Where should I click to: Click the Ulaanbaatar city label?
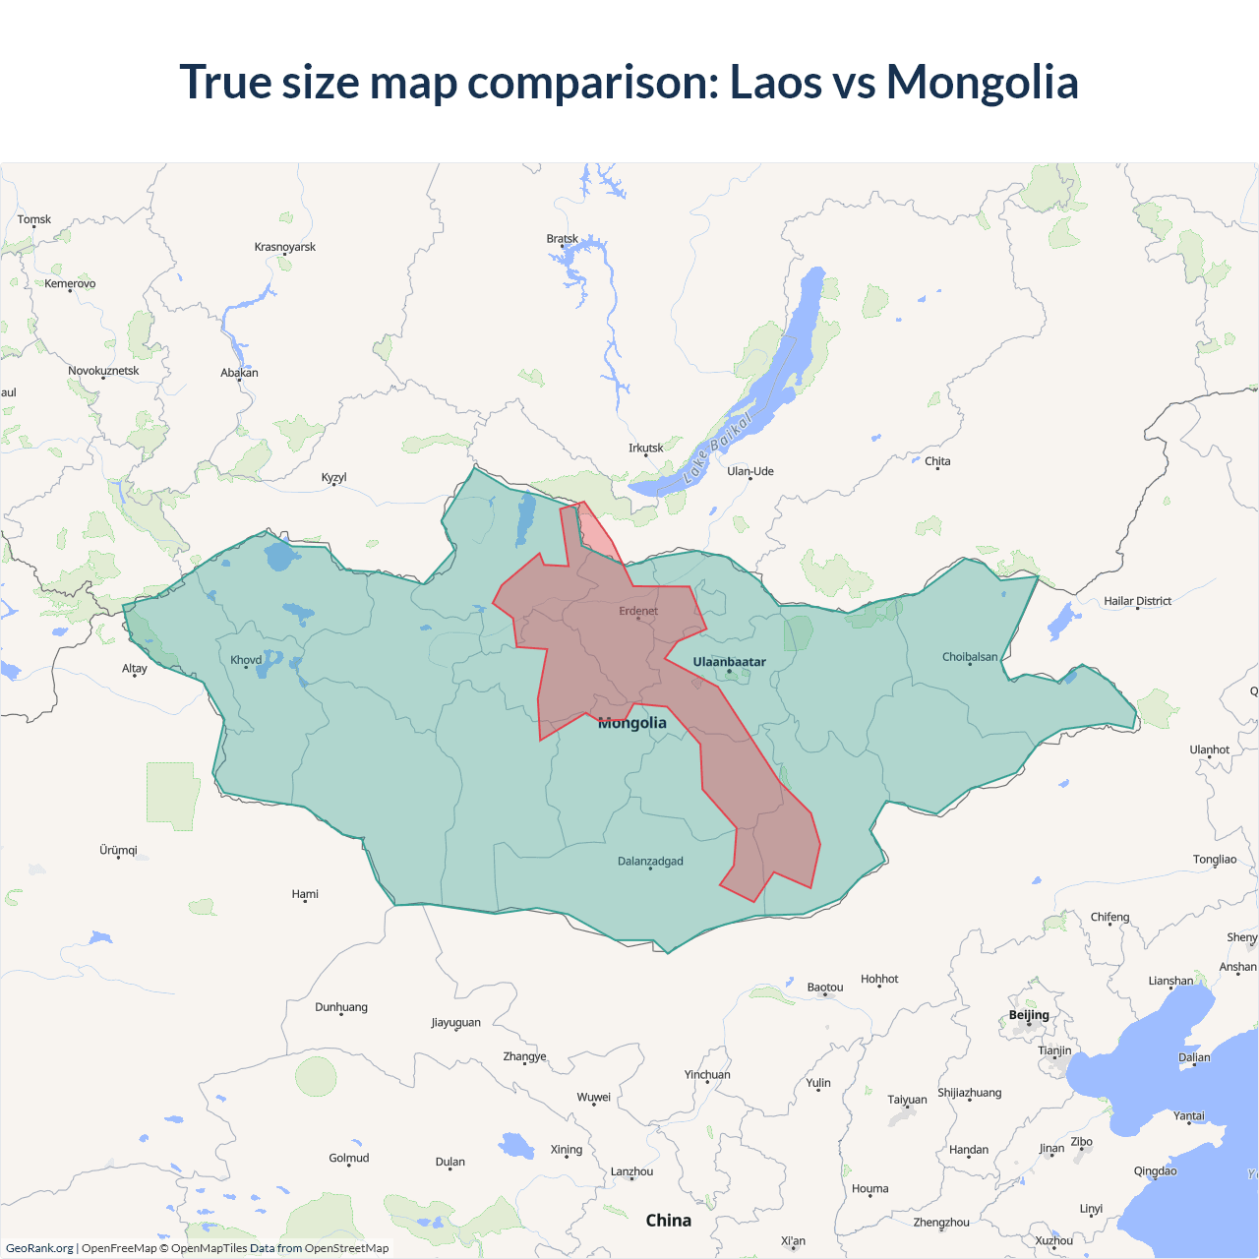[x=729, y=662]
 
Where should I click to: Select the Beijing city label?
[x=1029, y=1015]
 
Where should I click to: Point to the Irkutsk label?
[x=646, y=448]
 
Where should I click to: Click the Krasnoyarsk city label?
[x=285, y=247]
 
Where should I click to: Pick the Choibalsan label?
[x=970, y=657]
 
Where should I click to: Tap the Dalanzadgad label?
[x=650, y=862]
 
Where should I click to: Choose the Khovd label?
[x=246, y=660]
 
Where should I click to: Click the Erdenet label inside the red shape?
[x=638, y=611]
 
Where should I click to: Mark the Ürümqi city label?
[x=118, y=850]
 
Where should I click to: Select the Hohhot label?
[x=879, y=979]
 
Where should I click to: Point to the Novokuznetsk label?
[x=103, y=371]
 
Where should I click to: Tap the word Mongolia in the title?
[x=982, y=82]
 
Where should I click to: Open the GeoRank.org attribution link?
[x=39, y=1248]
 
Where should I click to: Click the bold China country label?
[x=669, y=1221]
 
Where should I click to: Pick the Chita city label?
[x=937, y=461]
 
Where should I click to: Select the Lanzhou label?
[x=631, y=1171]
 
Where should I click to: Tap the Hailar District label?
[x=1137, y=601]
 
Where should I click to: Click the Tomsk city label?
[x=34, y=219]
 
